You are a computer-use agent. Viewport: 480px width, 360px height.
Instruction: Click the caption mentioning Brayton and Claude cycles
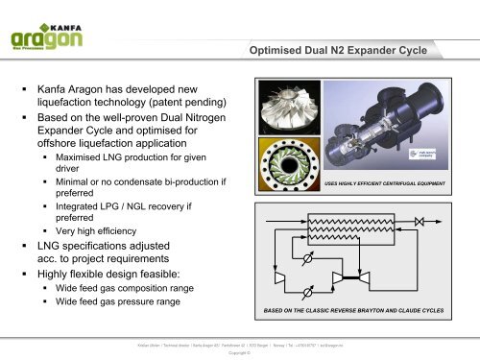pyautogui.click(x=358, y=312)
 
